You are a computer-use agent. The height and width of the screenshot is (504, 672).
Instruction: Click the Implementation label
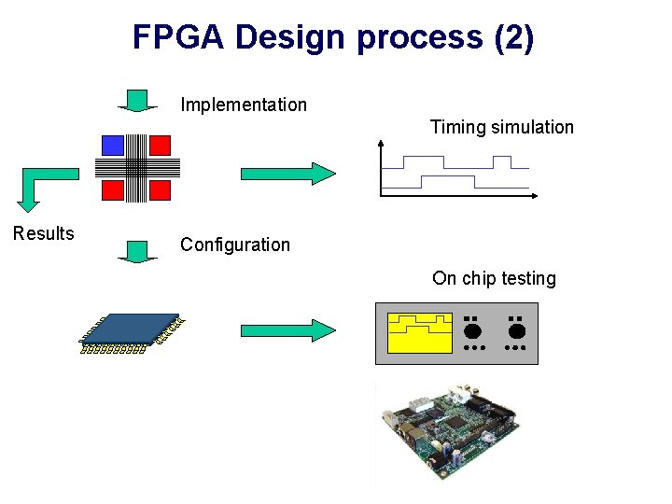point(244,105)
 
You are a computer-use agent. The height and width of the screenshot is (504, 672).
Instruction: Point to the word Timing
point(459,127)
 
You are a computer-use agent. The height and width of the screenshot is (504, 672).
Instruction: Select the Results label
point(43,233)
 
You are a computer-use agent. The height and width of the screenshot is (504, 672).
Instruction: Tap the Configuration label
point(235,245)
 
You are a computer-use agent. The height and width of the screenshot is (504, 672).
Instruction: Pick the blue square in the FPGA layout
point(113,145)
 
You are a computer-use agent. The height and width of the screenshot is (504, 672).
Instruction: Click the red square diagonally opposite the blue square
point(160,190)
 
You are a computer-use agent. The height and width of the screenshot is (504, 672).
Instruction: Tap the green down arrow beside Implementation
point(137,100)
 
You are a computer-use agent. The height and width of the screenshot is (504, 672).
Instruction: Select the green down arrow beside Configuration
point(137,250)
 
